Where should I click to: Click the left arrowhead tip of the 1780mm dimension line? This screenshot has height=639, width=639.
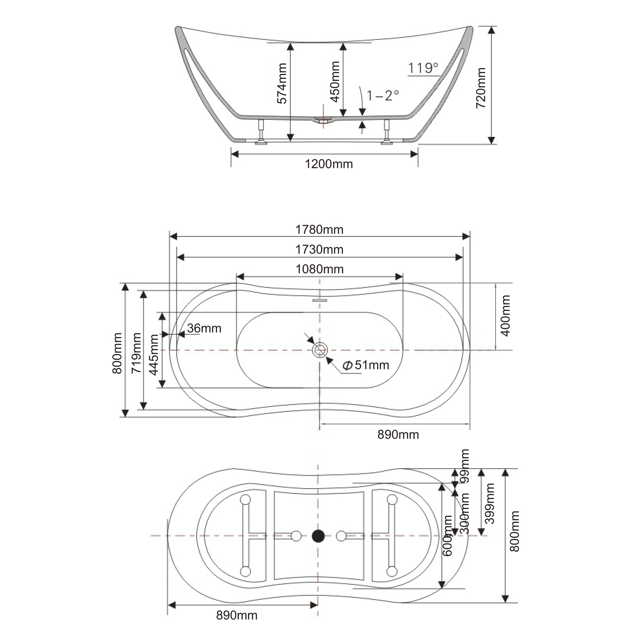tap(170, 236)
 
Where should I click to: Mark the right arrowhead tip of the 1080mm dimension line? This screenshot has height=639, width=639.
tap(403, 276)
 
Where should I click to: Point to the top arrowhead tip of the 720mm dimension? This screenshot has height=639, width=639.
tap(492, 27)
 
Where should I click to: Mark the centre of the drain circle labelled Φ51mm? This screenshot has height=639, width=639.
tap(320, 350)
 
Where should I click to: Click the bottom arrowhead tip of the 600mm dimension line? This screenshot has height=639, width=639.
tap(442, 588)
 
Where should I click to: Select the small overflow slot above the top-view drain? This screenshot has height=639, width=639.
tap(320, 300)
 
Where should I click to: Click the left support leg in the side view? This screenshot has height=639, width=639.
tap(262, 132)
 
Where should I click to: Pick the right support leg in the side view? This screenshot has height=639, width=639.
tap(386, 132)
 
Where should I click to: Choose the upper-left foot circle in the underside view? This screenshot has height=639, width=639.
tap(245, 499)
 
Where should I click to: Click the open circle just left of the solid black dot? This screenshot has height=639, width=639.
tap(296, 536)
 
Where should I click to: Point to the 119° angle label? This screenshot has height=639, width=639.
tap(423, 68)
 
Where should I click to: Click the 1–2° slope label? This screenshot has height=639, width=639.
tap(383, 95)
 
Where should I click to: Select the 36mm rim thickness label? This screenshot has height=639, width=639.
tap(204, 328)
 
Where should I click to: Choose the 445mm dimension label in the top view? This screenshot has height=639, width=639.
tap(153, 355)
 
